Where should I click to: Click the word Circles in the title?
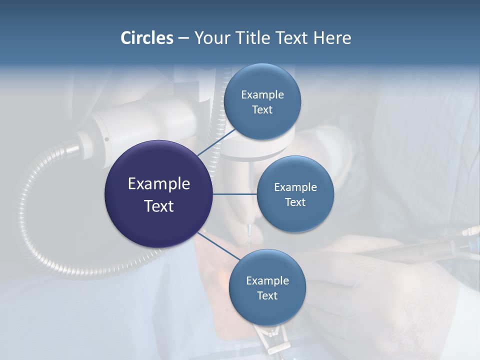tap(147, 38)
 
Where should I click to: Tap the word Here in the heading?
tap(332, 38)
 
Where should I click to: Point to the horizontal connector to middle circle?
tap(234, 194)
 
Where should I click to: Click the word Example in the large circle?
tap(159, 184)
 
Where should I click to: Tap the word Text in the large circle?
tap(159, 206)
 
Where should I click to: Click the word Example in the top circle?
tap(262, 94)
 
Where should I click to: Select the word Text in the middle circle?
tap(295, 202)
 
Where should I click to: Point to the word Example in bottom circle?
tap(267, 280)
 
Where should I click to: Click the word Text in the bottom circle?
tap(267, 295)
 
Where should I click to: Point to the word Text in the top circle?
tap(262, 109)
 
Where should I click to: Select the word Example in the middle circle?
tap(295, 187)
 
